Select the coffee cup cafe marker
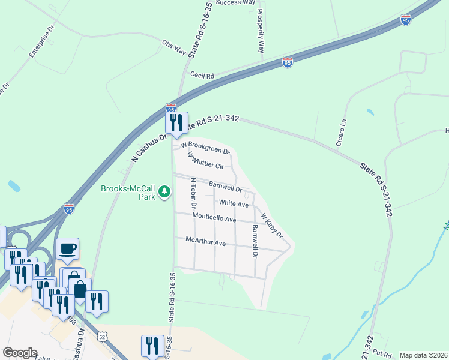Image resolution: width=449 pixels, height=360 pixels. (x=68, y=248)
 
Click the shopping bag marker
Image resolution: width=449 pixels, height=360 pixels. (x=80, y=289)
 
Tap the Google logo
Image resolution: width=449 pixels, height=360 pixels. (x=20, y=353)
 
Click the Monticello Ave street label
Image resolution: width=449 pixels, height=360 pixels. (x=214, y=217)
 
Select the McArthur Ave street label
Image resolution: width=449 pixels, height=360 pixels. (x=205, y=242)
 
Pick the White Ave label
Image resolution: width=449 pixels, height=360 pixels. (x=234, y=204)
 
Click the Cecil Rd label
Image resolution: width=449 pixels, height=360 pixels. (x=202, y=75)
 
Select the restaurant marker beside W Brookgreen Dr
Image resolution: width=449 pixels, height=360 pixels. (x=176, y=122)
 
